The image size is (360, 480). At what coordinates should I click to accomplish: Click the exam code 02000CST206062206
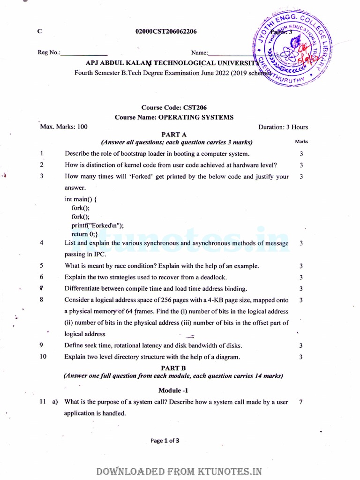[x=166, y=32]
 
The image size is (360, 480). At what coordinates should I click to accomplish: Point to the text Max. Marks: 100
[x=64, y=127]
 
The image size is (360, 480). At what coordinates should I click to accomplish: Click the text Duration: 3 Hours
[x=283, y=127]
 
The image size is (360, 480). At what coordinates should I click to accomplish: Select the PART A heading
[x=174, y=135]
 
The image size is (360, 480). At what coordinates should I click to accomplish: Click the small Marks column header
[x=301, y=142]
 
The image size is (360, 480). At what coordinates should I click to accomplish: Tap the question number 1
[x=42, y=153]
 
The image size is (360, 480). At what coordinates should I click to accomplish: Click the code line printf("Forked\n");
[x=97, y=225]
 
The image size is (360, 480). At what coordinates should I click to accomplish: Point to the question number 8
[x=42, y=300]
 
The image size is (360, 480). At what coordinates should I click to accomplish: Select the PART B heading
[x=174, y=368]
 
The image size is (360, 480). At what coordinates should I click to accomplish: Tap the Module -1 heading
[x=174, y=390]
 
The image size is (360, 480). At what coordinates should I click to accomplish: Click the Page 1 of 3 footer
[x=165, y=441]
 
